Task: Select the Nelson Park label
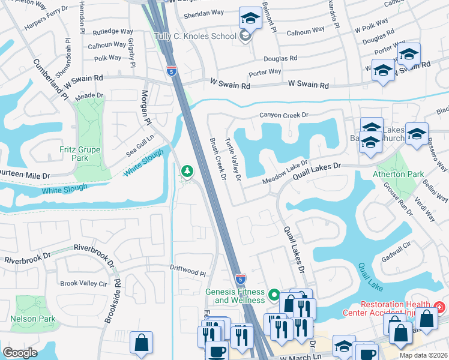33,319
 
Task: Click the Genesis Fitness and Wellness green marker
274,295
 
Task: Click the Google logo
20,353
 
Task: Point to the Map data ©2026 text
423,355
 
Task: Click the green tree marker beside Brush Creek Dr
187,173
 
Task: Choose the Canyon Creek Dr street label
283,115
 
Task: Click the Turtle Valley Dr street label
233,158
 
